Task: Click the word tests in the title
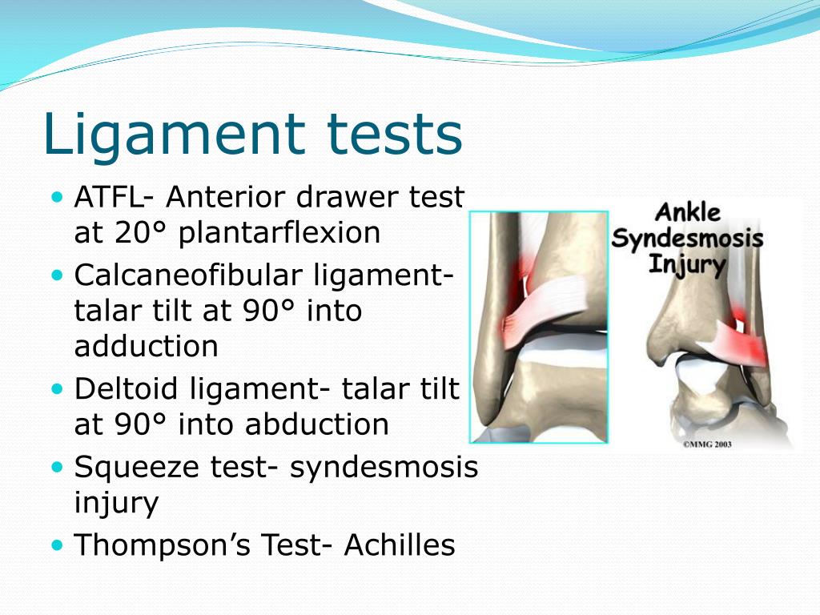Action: tap(400, 134)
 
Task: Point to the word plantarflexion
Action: tap(279, 233)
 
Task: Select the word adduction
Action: tap(146, 347)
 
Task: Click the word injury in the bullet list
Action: tap(116, 504)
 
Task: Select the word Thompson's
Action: tap(164, 545)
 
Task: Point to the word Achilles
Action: tap(400, 545)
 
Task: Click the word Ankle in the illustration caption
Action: tap(688, 214)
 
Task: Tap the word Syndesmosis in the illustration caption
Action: tap(687, 239)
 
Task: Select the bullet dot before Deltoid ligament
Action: tap(56, 388)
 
